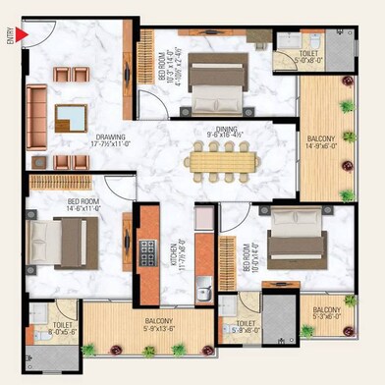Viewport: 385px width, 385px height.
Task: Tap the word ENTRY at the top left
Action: (x=10, y=35)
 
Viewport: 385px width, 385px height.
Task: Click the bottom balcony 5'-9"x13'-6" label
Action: (x=148, y=323)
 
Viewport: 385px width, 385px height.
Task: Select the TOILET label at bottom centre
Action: (x=246, y=326)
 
